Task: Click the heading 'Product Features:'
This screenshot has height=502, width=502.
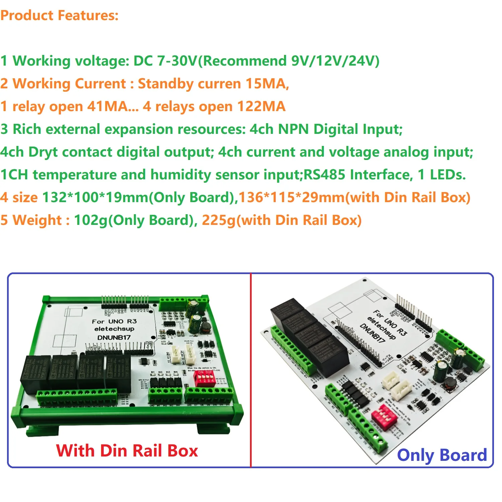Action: tap(59, 15)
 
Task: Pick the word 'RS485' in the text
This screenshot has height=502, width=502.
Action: tap(324, 175)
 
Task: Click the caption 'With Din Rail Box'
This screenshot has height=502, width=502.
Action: tap(127, 450)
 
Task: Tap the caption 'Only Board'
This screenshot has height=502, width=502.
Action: tap(442, 455)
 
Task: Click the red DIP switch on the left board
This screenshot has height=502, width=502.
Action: tap(204, 378)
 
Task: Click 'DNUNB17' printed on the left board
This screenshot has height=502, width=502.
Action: tap(114, 337)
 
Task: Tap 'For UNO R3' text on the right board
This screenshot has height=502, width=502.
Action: tap(390, 323)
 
